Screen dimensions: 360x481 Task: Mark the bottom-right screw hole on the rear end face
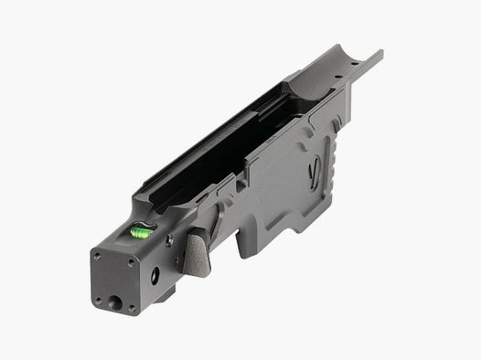(132, 307)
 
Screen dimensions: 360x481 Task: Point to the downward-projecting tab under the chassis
(251, 242)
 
